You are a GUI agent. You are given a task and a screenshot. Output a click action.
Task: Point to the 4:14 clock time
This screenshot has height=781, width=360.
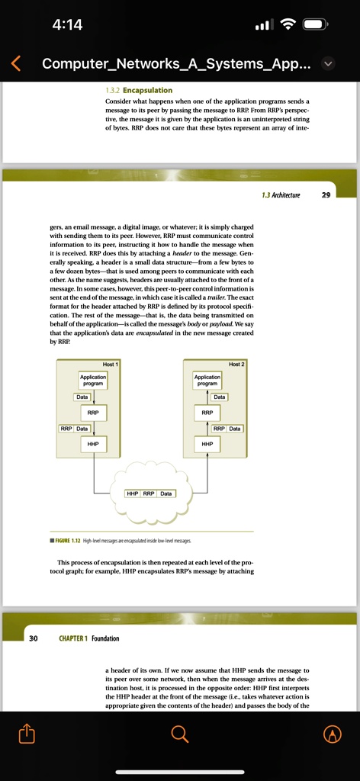pos(68,24)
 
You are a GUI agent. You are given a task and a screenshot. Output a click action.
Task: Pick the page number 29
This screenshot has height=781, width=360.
pos(326,195)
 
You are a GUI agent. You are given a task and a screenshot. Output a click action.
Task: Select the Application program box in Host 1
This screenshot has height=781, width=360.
pos(92,380)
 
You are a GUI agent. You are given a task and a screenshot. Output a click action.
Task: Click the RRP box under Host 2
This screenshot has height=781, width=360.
pos(207,413)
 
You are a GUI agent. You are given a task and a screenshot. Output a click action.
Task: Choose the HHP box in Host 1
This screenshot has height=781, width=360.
pos(93,443)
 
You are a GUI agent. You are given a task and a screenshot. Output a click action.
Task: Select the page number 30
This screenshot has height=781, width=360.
pos(34,638)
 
